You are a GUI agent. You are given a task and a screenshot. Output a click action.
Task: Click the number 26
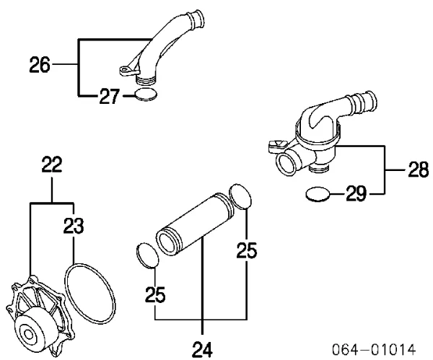coord(40,66)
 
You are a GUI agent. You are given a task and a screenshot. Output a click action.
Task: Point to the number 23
coord(74,227)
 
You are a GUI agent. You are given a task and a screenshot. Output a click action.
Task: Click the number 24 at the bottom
coord(202,348)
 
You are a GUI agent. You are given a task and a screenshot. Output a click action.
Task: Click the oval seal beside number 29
coord(318,193)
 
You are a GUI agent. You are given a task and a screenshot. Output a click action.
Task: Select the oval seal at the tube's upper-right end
coord(242,196)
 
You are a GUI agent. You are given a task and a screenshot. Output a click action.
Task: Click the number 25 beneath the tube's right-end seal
coord(247,250)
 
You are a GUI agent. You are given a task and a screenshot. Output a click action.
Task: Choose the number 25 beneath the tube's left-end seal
coord(155,295)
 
